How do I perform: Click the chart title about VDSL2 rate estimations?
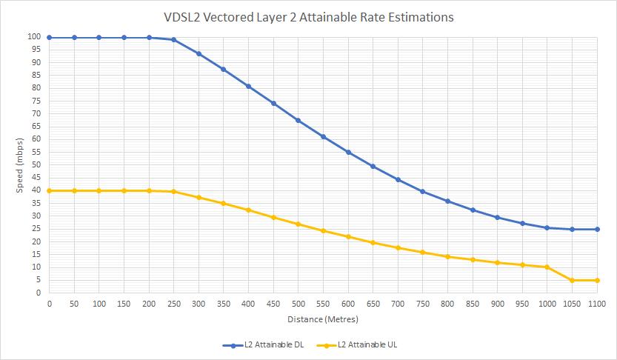pyautogui.click(x=308, y=17)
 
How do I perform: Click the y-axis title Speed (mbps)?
pyautogui.click(x=20, y=164)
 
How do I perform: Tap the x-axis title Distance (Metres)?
pyautogui.click(x=323, y=319)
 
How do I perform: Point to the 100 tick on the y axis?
pyautogui.click(x=35, y=37)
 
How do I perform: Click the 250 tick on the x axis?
pyautogui.click(x=173, y=304)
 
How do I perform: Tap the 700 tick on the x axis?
pyautogui.click(x=398, y=304)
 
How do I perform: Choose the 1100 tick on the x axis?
pyautogui.click(x=597, y=304)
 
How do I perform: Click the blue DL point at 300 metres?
pyautogui.click(x=199, y=54)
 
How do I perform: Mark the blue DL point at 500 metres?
pyautogui.click(x=298, y=121)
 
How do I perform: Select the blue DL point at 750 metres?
pyautogui.click(x=422, y=192)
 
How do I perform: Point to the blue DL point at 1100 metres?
pyautogui.click(x=597, y=229)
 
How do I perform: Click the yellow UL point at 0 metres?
pyautogui.click(x=49, y=190)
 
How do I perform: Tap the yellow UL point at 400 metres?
pyautogui.click(x=248, y=210)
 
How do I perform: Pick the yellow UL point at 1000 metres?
pyautogui.click(x=547, y=267)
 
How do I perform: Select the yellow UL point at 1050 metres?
pyautogui.click(x=572, y=280)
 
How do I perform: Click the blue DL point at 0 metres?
pyautogui.click(x=49, y=37)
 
